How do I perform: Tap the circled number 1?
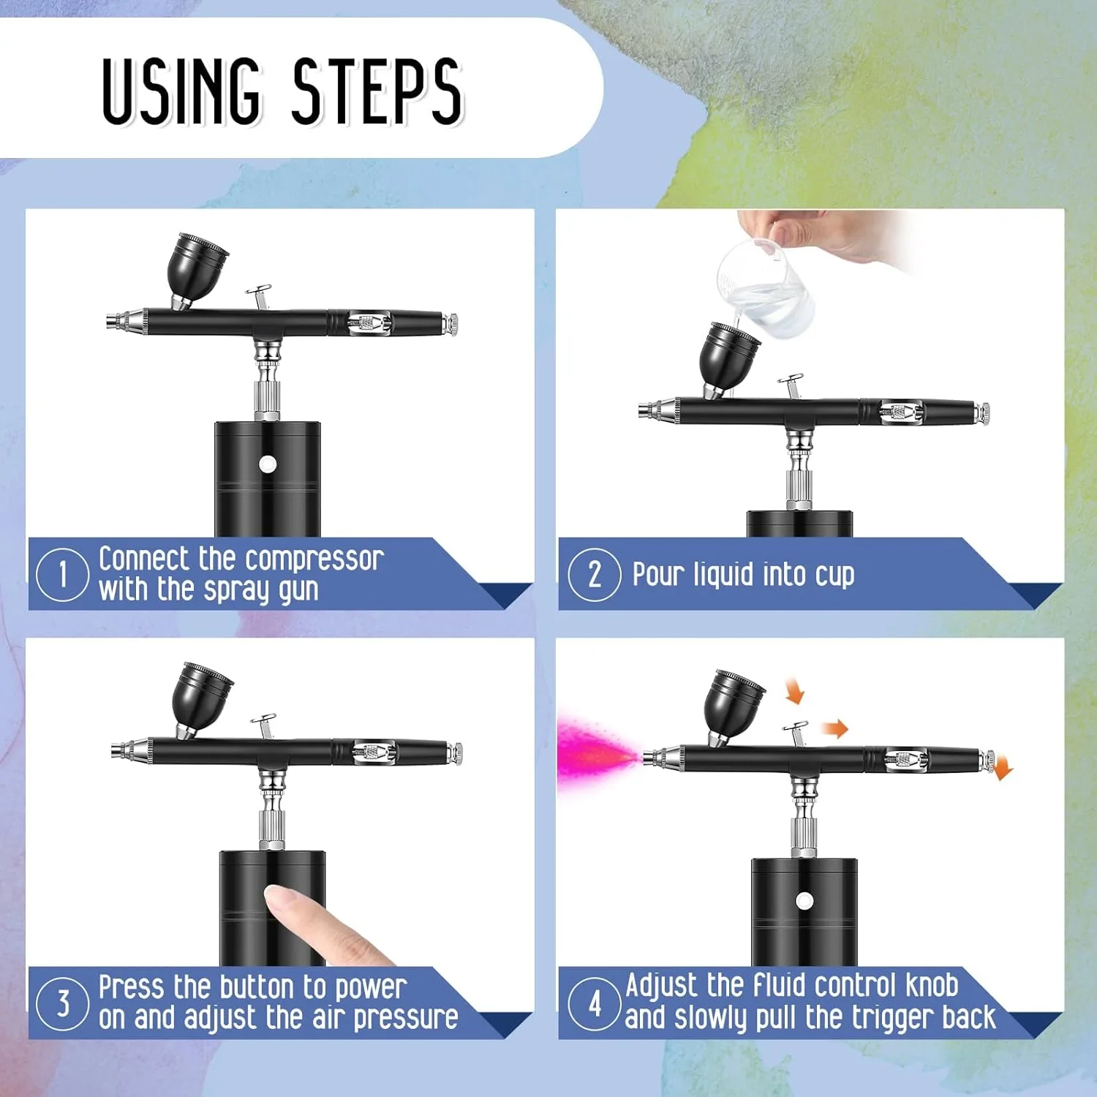pos(62,574)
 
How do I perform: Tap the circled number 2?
pos(594,574)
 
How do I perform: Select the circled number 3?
pos(62,1003)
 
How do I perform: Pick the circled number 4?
pos(594,1003)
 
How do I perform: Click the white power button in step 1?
pos(268,464)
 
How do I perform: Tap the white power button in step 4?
pos(804,900)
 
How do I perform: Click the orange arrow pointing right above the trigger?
pos(834,728)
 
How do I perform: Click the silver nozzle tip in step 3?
pos(121,751)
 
